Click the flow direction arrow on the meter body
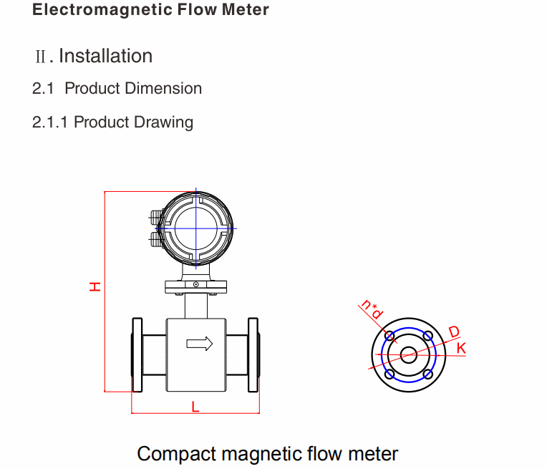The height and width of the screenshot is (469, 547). tap(200, 344)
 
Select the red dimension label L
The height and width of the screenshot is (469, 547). tap(195, 407)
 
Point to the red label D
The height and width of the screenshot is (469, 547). tap(454, 332)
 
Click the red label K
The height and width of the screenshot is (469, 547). tap(461, 348)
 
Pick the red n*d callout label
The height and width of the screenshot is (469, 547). tap(372, 309)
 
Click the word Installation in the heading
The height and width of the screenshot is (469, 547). tap(105, 56)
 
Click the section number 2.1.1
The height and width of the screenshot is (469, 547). tap(50, 122)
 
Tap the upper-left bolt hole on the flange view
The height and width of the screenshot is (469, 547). tap(390, 336)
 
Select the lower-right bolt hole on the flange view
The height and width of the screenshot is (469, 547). tap(427, 374)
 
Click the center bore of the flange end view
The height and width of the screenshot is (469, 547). tap(409, 354)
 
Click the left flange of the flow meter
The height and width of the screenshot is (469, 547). tap(136, 354)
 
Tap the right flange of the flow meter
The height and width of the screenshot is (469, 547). tap(253, 354)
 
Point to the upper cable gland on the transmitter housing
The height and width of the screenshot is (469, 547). tap(155, 214)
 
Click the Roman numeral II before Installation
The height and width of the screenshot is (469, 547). tap(42, 57)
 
